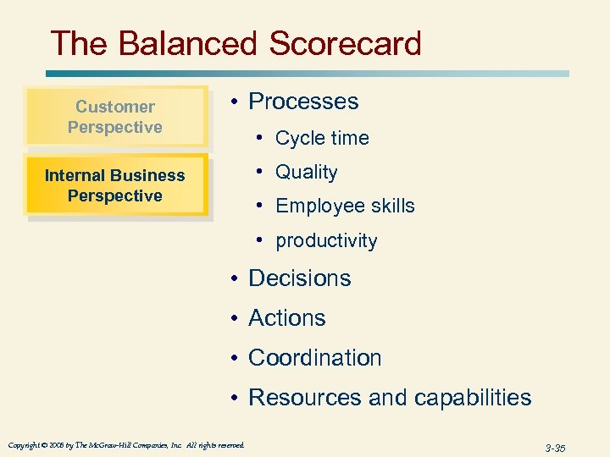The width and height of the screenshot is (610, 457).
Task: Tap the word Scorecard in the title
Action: [346, 43]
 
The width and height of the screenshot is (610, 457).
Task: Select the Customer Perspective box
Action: [115, 117]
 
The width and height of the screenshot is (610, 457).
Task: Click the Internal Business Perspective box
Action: [115, 185]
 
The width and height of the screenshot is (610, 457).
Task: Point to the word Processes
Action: [303, 102]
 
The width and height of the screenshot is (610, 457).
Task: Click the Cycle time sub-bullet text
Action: [322, 138]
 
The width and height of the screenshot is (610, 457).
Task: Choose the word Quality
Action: [307, 173]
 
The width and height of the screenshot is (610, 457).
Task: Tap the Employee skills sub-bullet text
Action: [345, 206]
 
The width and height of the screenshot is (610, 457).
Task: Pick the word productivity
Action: [326, 241]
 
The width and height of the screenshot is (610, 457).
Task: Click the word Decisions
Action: [299, 278]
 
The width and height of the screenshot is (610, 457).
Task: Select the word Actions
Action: [286, 318]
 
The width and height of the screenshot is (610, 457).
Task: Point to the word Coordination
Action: [314, 358]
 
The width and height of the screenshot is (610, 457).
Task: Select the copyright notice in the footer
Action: [126, 445]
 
